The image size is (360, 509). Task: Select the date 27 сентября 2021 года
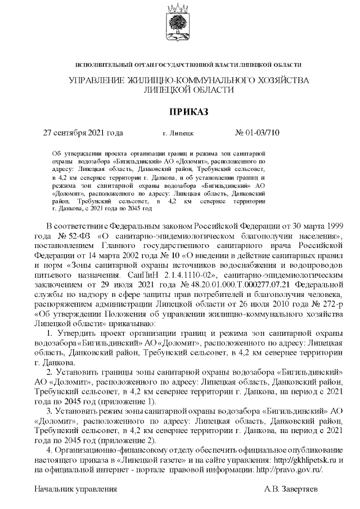click(x=83, y=133)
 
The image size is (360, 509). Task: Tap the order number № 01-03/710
click(x=256, y=133)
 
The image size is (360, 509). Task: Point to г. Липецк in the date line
click(x=178, y=134)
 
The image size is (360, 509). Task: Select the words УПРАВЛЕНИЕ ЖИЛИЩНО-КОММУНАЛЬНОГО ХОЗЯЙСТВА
click(x=188, y=80)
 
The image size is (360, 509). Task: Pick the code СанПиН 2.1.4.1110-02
click(x=170, y=277)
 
